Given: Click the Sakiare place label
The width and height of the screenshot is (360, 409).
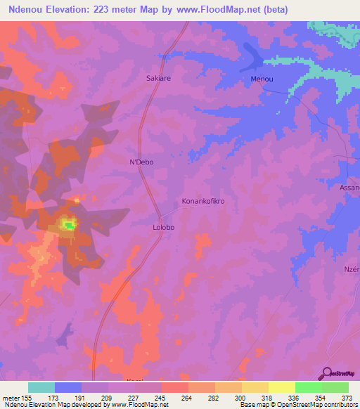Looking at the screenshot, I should click(x=158, y=79).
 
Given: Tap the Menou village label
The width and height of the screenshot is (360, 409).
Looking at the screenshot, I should click(x=262, y=79).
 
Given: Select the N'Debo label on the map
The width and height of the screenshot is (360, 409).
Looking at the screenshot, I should click(x=141, y=162).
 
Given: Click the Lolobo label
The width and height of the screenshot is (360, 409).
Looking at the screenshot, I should click(x=163, y=228).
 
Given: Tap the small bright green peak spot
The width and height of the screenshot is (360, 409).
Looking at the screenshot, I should click(x=69, y=226).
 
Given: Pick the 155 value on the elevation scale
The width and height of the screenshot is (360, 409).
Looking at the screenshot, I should click(x=32, y=398).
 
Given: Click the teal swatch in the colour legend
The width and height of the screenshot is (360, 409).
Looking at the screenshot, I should click(x=41, y=387).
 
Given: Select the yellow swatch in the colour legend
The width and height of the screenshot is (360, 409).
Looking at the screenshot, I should click(x=281, y=387).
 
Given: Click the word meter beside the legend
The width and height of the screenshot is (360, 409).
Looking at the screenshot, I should click(x=13, y=398).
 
